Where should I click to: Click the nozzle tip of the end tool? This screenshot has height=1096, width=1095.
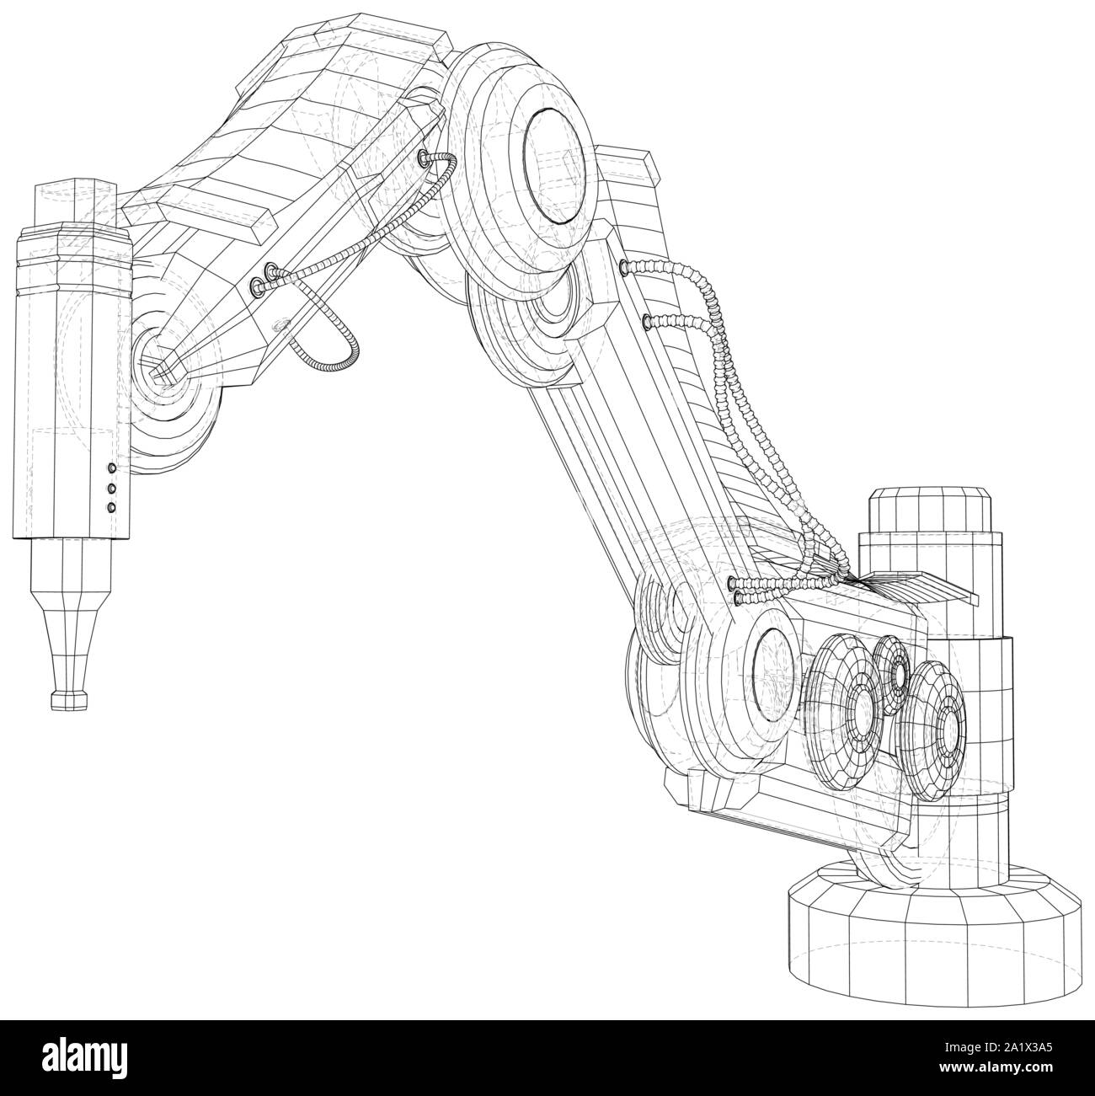point(69,698)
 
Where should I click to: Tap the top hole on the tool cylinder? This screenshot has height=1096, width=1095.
point(110,468)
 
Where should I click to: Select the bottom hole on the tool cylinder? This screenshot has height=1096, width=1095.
point(110,506)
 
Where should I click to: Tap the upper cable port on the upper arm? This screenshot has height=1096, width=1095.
point(624,267)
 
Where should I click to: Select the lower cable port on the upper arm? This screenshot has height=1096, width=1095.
point(647,320)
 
